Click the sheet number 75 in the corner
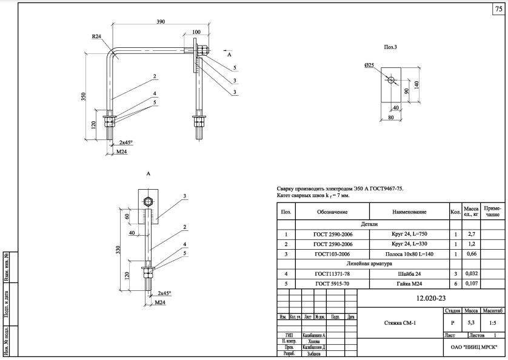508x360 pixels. [498, 10]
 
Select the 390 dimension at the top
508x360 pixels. [161, 21]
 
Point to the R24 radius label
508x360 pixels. [96, 37]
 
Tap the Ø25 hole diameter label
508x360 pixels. [369, 65]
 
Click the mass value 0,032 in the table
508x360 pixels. [470, 273]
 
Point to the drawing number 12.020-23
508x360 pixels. [430, 298]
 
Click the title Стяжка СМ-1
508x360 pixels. [401, 324]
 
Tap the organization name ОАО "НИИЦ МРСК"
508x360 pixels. [475, 347]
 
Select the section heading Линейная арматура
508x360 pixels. [369, 264]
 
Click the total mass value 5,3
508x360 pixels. [470, 324]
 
